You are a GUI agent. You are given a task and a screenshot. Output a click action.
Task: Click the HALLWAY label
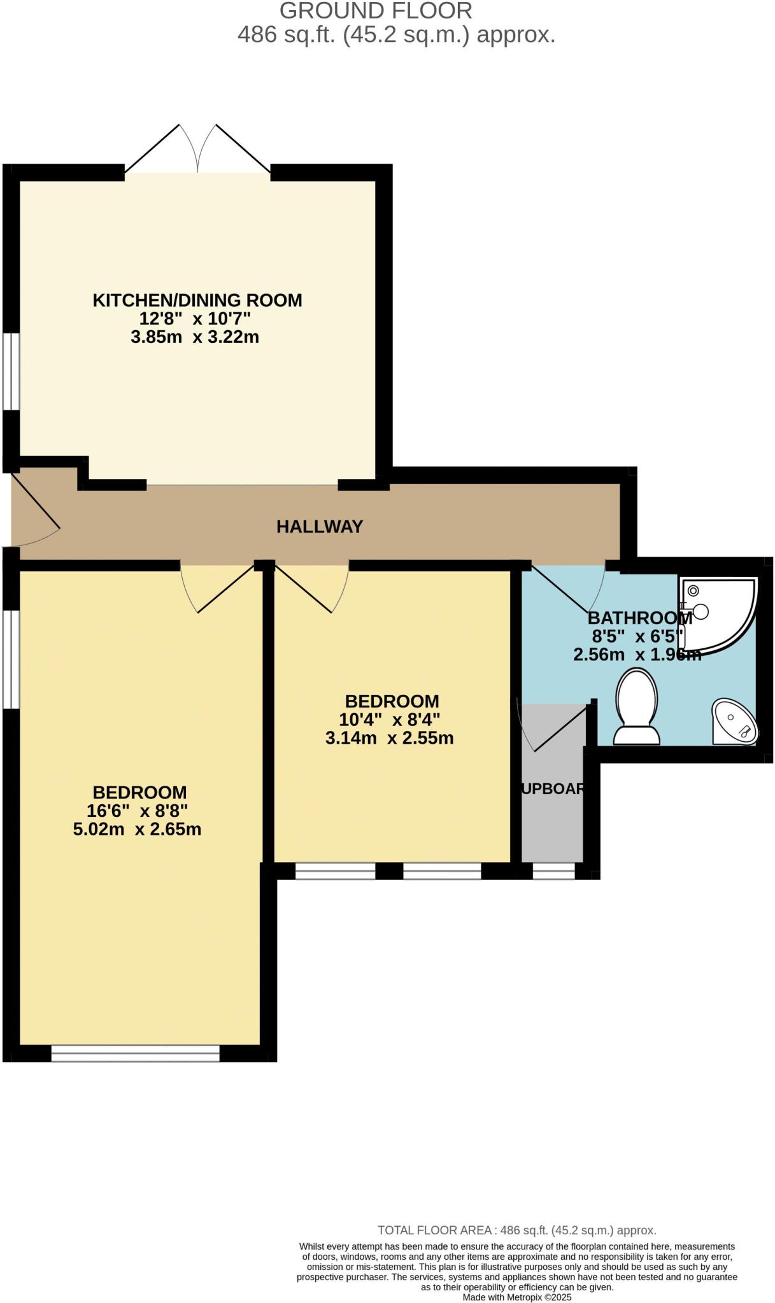pyautogui.click(x=319, y=526)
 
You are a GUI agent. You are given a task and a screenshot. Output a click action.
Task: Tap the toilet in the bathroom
pyautogui.click(x=636, y=707)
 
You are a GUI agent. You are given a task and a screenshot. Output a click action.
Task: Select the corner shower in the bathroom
pyautogui.click(x=718, y=614)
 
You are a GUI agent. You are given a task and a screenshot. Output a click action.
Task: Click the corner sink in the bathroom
pyautogui.click(x=735, y=723)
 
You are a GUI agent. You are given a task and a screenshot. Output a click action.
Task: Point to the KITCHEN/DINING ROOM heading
pyautogui.click(x=197, y=300)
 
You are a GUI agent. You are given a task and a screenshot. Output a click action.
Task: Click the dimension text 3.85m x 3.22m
pyautogui.click(x=195, y=337)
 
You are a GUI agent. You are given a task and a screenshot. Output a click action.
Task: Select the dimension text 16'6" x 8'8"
pyautogui.click(x=137, y=811)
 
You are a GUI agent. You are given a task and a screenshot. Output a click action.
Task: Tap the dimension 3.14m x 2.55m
pyautogui.click(x=389, y=738)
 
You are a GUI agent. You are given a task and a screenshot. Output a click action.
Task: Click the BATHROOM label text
pyautogui.click(x=639, y=618)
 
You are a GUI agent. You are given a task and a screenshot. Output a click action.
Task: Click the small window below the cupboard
pyautogui.click(x=553, y=871)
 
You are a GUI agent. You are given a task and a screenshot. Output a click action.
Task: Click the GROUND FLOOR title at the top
pyautogui.click(x=376, y=11)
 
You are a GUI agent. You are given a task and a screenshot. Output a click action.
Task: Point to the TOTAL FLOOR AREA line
pyautogui.click(x=516, y=1230)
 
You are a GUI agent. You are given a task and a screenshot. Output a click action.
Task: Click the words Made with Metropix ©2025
pyautogui.click(x=516, y=1297)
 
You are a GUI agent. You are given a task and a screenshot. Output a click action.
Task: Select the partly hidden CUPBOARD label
pyautogui.click(x=552, y=788)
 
